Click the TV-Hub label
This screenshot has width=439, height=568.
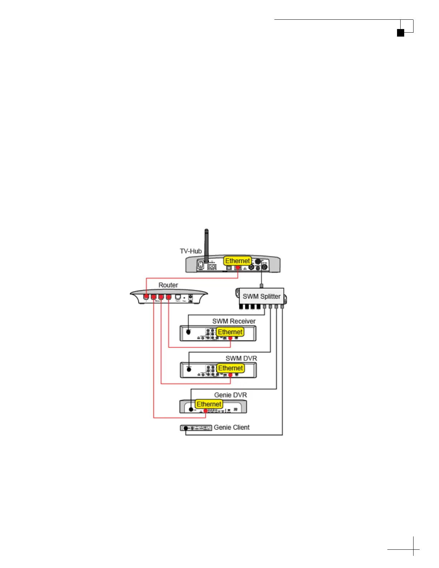click(x=190, y=251)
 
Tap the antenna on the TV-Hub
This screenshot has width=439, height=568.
click(x=206, y=244)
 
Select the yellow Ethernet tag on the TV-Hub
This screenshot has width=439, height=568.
click(x=237, y=261)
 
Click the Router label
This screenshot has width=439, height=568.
click(x=168, y=285)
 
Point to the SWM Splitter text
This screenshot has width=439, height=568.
click(x=261, y=296)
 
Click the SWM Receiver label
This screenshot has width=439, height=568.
click(x=234, y=321)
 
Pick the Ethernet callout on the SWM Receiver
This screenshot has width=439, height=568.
click(x=230, y=332)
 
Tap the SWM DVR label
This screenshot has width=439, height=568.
click(x=241, y=358)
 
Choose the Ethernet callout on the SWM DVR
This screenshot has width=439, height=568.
click(x=231, y=368)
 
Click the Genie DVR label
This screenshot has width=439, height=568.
click(x=230, y=395)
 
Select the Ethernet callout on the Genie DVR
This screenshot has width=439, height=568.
click(x=209, y=404)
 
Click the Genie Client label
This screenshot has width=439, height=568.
click(x=232, y=427)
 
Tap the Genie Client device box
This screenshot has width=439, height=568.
click(x=196, y=428)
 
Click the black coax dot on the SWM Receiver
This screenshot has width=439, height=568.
click(x=189, y=332)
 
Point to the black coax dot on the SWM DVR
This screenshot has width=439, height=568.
click(x=189, y=369)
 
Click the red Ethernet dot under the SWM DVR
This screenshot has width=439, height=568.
click(x=230, y=375)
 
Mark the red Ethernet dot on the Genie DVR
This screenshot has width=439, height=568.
click(x=206, y=411)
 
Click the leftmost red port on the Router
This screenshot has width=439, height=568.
click(x=146, y=297)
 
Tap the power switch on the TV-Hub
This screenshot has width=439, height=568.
click(x=201, y=266)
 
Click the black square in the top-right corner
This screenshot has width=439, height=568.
click(x=401, y=33)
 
